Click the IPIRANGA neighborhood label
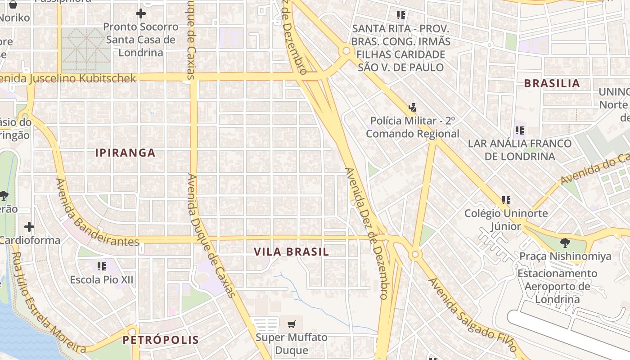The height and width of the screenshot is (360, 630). (x=125, y=153)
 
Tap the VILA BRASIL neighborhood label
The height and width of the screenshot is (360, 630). (x=292, y=252)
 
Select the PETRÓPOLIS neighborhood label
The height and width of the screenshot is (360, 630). (x=161, y=340)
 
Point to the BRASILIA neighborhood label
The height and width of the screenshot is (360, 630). (x=552, y=84)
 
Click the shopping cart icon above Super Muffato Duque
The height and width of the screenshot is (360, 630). (x=292, y=324)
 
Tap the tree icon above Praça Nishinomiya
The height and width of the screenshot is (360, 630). (x=565, y=243)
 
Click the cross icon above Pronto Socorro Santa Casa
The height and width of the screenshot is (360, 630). (x=141, y=13)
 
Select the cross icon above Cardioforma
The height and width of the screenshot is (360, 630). (x=29, y=226)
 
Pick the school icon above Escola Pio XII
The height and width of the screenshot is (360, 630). (x=101, y=266)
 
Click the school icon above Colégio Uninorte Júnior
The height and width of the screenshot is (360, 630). (x=506, y=200)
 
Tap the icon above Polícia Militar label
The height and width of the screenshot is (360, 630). (x=412, y=108)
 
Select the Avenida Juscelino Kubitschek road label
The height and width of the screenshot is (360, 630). (x=67, y=79)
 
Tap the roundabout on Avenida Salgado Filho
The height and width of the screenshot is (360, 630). (x=415, y=255)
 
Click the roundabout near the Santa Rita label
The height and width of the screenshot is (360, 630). (x=346, y=51)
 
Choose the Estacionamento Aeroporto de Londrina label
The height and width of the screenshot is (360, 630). (x=557, y=286)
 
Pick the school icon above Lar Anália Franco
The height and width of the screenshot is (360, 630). (x=520, y=130)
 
